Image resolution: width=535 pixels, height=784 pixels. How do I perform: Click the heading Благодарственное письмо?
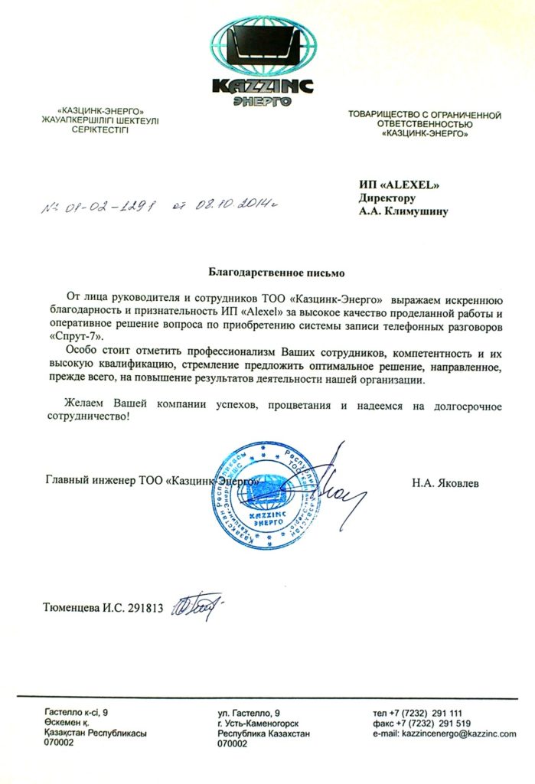(x=266, y=272)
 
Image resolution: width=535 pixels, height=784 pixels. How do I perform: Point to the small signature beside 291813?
(x=197, y=606)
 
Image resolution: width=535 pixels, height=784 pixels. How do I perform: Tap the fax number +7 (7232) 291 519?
(x=433, y=723)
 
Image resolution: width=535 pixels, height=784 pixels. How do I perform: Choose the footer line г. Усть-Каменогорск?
(x=258, y=723)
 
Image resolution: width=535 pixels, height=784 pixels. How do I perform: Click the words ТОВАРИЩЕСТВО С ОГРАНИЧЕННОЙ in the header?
(x=424, y=115)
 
